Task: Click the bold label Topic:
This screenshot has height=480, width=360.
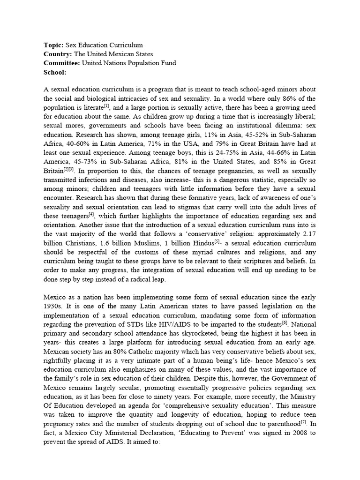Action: (53, 45)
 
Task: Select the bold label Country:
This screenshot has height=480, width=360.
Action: (58, 54)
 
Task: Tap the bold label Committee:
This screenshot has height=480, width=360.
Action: (62, 63)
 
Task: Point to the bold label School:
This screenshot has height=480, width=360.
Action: (55, 72)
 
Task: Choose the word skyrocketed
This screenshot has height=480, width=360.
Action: (197, 334)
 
